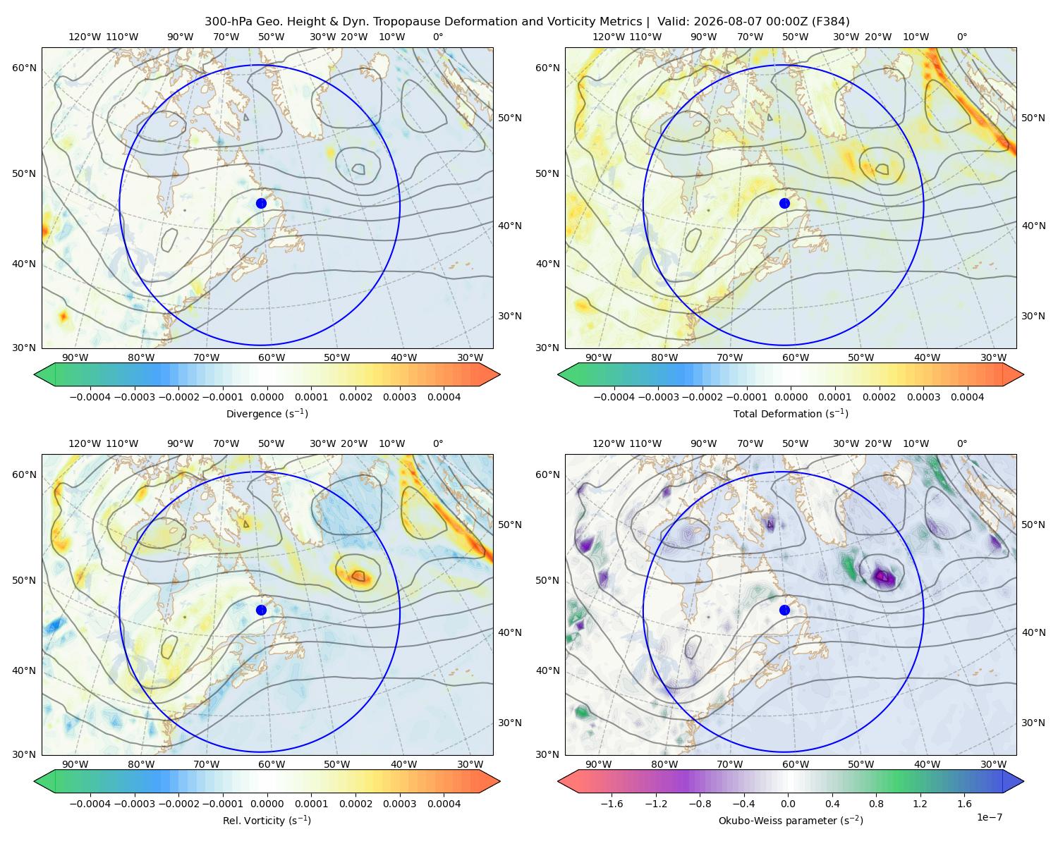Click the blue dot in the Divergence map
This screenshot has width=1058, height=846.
coord(261,204)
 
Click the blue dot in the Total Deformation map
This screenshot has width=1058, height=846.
coord(784,204)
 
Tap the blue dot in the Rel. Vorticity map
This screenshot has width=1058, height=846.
coord(261,610)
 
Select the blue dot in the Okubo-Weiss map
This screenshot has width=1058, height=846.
coord(784,610)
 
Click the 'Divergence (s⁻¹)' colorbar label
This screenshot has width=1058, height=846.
coord(267,413)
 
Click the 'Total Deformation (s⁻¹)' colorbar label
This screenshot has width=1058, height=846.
coord(791,413)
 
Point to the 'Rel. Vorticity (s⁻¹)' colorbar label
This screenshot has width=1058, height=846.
coord(267,821)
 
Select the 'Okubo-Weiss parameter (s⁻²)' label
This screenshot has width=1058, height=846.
coord(791,821)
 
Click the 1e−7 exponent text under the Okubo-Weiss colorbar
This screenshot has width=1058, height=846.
coord(989,817)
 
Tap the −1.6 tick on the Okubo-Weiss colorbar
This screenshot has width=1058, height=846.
coord(612,804)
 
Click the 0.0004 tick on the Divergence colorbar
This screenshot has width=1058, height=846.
coord(444,397)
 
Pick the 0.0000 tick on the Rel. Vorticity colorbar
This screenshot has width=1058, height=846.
coord(267,804)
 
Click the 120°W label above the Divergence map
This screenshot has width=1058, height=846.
coord(85,37)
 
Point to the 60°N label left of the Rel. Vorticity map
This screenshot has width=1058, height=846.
coord(24,474)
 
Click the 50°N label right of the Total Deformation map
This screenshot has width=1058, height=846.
coord(1033,118)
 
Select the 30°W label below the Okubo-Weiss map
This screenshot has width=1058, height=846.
coord(994,764)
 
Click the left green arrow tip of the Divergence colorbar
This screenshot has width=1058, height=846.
coord(35,375)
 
